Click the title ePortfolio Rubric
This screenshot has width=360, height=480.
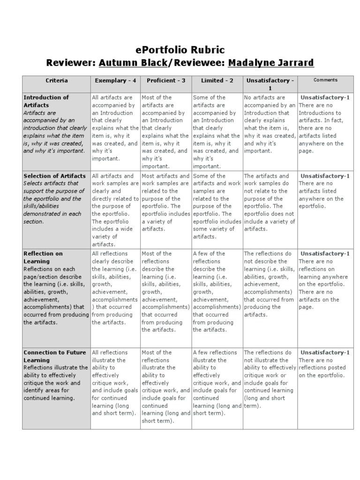[180, 50]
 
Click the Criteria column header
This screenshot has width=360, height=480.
[57, 81]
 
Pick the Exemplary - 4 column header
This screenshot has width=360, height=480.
[115, 81]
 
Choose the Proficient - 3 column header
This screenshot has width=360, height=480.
[165, 81]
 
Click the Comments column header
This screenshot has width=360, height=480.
[325, 80]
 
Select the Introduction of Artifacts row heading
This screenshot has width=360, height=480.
[46, 101]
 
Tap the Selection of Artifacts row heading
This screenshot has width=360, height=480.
[54, 176]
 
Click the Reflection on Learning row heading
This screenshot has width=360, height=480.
[43, 257]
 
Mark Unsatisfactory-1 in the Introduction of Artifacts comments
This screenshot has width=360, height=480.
[325, 97]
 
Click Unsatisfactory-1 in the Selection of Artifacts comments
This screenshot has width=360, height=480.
[325, 176]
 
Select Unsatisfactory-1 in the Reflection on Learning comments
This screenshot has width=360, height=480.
[325, 254]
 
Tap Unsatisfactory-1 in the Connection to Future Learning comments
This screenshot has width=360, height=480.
[325, 352]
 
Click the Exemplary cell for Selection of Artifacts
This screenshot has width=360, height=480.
[115, 210]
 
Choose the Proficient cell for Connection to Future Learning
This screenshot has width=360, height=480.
[165, 386]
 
